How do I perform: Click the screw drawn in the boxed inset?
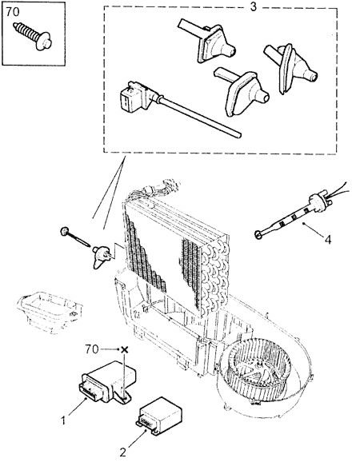[x=33, y=36]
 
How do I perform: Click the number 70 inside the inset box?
[x=13, y=12]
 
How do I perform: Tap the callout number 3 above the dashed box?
[x=254, y=6]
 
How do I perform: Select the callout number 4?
[x=327, y=239]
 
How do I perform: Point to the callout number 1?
[x=63, y=420]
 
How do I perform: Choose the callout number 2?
[x=123, y=452]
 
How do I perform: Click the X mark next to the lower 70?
[x=125, y=350]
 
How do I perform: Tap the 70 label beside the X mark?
[x=92, y=349]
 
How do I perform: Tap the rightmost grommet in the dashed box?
[x=290, y=68]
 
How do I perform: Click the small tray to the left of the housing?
[x=50, y=312]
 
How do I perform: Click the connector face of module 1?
[x=91, y=389]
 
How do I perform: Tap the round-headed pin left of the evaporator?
[x=74, y=236]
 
